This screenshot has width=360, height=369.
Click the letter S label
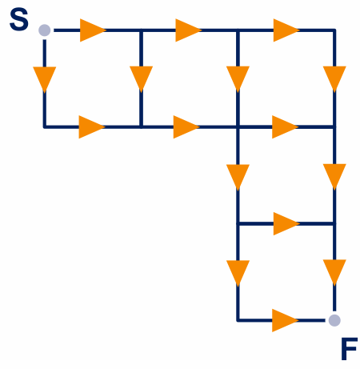click(19, 19)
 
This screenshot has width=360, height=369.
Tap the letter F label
click(349, 348)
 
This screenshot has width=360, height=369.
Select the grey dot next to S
click(44, 30)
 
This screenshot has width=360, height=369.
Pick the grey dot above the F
click(334, 320)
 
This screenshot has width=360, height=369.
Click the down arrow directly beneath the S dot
click(45, 79)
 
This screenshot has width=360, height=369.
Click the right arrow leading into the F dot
click(285, 320)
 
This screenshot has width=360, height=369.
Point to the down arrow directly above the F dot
click(334, 272)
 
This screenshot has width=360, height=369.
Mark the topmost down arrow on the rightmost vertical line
click(334, 79)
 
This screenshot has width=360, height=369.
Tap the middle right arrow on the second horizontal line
click(186, 127)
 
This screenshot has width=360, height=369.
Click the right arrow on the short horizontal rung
click(286, 223)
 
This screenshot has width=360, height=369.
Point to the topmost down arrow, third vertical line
click(238, 79)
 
